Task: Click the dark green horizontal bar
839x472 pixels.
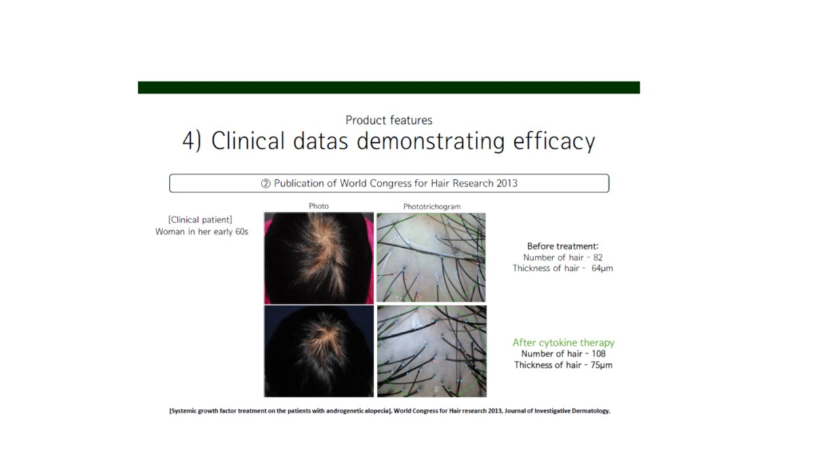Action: pos(389,87)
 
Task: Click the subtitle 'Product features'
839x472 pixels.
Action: pos(389,120)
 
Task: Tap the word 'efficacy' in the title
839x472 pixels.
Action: pos(554,142)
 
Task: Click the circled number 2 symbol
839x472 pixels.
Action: pos(265,184)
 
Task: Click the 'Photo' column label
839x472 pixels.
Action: pos(319,206)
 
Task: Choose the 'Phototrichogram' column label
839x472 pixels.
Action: pos(432,206)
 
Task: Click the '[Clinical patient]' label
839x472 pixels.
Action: pos(200,220)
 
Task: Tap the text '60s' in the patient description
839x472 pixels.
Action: pos(242,232)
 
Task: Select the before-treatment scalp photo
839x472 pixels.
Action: pos(319,258)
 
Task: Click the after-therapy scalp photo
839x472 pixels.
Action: pos(319,351)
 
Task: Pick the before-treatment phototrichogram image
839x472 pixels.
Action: pos(431,258)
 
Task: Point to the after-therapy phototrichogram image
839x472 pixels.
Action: pos(432,351)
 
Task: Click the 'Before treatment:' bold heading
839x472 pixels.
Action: pos(562,246)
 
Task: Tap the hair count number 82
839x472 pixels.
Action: pos(598,258)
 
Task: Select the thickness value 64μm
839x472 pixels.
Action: pos(602,269)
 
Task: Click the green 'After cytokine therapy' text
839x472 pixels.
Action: pos(563,343)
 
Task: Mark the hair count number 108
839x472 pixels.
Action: pos(598,354)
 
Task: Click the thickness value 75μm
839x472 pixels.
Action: pos(602,365)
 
